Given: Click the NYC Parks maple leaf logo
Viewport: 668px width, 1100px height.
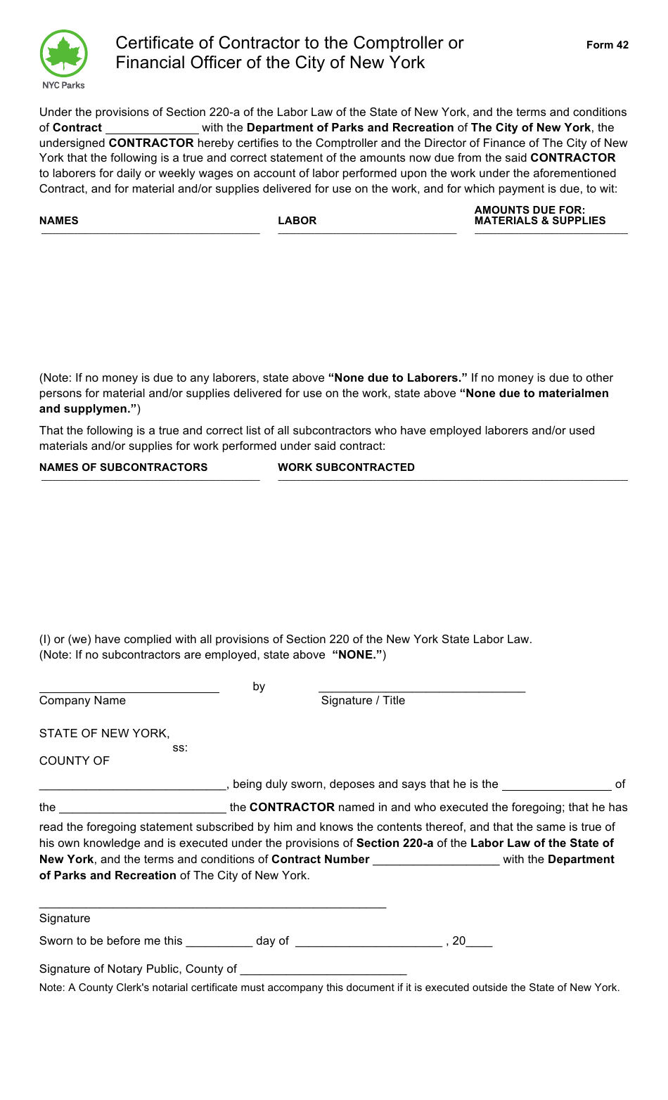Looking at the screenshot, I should point(64,55).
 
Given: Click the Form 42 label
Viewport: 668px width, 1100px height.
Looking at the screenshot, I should point(607,45).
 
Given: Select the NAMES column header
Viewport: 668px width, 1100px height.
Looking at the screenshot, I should point(59,221).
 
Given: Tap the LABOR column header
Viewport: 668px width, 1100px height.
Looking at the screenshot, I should point(297,221).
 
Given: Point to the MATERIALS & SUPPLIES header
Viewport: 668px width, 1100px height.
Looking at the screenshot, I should point(539,221).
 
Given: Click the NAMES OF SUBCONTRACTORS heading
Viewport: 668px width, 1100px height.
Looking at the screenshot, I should point(123,467).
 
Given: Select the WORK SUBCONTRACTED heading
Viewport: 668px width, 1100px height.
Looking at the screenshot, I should point(346,467).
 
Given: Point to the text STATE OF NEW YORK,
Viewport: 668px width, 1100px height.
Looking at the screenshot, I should point(104,734).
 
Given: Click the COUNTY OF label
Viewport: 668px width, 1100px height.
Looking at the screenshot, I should point(75,761).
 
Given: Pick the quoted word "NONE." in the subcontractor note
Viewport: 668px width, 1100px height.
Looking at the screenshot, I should point(357,655).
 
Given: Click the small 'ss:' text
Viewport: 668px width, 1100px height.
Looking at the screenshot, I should point(180,748).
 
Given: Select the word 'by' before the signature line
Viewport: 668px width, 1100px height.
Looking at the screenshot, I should point(259,687).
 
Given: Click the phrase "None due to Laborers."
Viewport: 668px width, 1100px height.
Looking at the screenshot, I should point(397,378).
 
